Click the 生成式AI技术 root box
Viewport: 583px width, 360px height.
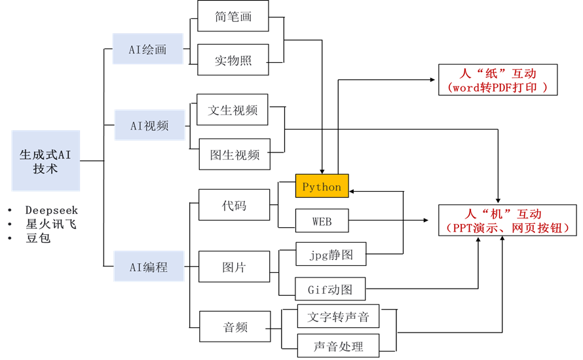(x=46, y=160)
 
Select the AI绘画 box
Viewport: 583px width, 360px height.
(x=147, y=49)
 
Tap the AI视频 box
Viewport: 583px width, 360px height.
(x=149, y=125)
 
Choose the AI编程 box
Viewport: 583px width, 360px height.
(x=148, y=266)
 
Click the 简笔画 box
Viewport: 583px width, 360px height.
(x=233, y=16)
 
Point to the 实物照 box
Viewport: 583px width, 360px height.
(x=233, y=60)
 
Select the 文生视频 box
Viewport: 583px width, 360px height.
(x=233, y=110)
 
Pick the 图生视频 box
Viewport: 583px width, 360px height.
(x=235, y=154)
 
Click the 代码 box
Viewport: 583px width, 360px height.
(x=234, y=205)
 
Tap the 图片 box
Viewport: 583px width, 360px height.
(x=234, y=266)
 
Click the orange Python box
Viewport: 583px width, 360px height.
(x=322, y=187)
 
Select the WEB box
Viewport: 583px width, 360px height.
(x=322, y=221)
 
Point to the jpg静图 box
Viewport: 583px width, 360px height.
(x=331, y=255)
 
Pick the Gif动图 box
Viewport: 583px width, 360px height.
(x=330, y=289)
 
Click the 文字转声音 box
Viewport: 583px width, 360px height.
(x=338, y=317)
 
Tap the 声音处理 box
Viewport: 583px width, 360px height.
(x=338, y=346)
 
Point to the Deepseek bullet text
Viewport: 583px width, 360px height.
(x=51, y=210)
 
